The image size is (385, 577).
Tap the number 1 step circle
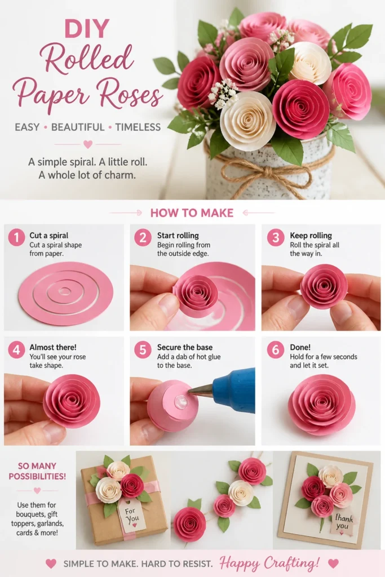[16, 237]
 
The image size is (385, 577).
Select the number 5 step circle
[143, 349]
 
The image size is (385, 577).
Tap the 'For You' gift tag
[132, 515]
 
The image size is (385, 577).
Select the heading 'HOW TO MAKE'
[192, 212]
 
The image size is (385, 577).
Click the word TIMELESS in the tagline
[138, 127]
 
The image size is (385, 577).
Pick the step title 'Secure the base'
[185, 347]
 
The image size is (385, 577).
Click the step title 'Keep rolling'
[311, 236]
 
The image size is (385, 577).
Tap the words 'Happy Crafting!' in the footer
[269, 563]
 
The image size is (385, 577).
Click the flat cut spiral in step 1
[65, 292]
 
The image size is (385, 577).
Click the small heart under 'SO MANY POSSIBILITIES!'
[37, 491]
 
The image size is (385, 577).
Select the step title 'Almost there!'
[53, 347]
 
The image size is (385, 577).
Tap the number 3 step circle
[276, 237]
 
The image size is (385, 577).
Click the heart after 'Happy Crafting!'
[333, 563]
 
